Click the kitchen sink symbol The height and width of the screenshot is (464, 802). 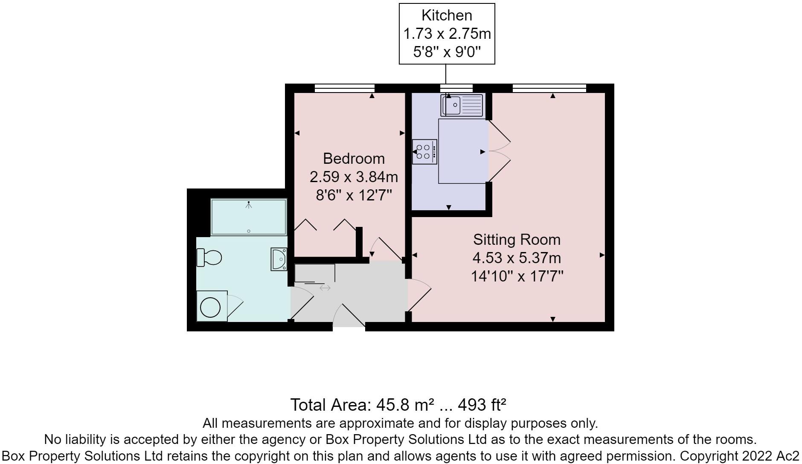pyautogui.click(x=462, y=105)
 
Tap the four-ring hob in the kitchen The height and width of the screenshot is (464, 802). pyautogui.click(x=424, y=151)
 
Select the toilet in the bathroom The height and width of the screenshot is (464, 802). pyautogui.click(x=209, y=258)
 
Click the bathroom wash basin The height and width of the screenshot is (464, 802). pyautogui.click(x=279, y=259)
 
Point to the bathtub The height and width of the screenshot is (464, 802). pyautogui.click(x=249, y=217)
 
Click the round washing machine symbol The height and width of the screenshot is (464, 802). pyautogui.click(x=210, y=307)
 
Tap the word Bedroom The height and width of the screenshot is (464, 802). pyautogui.click(x=354, y=158)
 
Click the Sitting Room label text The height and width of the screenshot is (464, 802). pyautogui.click(x=517, y=239)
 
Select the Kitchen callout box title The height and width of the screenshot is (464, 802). pyautogui.click(x=447, y=15)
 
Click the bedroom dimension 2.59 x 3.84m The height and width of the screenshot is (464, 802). pyautogui.click(x=354, y=177)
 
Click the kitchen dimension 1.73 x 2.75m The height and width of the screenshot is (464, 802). pyautogui.click(x=447, y=33)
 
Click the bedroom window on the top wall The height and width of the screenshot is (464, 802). pyautogui.click(x=344, y=88)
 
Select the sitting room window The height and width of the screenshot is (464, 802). pyautogui.click(x=549, y=88)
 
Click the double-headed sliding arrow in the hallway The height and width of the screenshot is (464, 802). pyautogui.click(x=325, y=288)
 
